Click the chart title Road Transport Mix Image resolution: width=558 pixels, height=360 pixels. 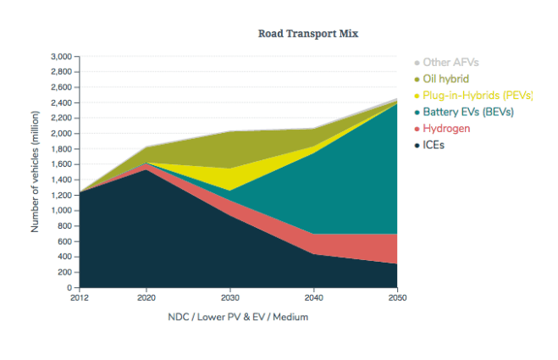pyautogui.click(x=308, y=33)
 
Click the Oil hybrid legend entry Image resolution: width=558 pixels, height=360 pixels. pyautogui.click(x=445, y=79)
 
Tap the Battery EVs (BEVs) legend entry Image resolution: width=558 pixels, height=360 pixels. pyautogui.click(x=468, y=112)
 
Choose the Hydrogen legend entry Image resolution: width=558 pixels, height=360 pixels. pyautogui.click(x=446, y=129)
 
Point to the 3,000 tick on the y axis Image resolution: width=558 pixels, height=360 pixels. pyautogui.click(x=60, y=57)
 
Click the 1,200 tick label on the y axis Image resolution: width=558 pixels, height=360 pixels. pyautogui.click(x=60, y=196)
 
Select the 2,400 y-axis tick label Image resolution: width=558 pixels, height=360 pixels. pyautogui.click(x=60, y=103)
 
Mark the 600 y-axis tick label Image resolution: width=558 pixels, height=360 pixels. pyautogui.click(x=64, y=241)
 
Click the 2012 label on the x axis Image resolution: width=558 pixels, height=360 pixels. pyautogui.click(x=79, y=299)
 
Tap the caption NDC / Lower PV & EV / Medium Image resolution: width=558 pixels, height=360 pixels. pyautogui.click(x=238, y=317)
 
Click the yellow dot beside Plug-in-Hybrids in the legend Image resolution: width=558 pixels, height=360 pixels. pyautogui.click(x=417, y=96)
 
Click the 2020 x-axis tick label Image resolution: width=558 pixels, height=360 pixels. pyautogui.click(x=146, y=299)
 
